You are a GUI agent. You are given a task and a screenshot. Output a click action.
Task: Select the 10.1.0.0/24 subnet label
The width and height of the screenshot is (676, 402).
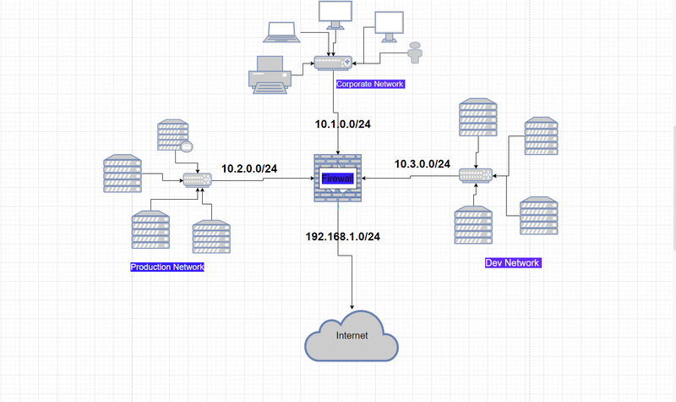tap(343, 124)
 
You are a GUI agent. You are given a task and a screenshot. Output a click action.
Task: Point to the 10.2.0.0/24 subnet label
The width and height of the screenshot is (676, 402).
tap(249, 168)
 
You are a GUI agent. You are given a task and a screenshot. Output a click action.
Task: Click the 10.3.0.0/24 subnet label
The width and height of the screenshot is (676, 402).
tap(422, 163)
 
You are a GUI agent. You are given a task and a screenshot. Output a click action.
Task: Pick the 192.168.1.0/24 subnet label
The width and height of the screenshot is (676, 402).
tap(342, 236)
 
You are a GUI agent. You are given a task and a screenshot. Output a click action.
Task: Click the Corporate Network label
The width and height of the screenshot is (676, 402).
tap(370, 85)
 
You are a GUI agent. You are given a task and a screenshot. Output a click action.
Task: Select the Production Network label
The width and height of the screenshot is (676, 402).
tap(167, 267)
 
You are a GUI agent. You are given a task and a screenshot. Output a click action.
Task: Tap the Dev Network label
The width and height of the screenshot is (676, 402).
tap(512, 263)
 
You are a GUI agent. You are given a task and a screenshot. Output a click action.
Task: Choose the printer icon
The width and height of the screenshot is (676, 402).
tap(270, 74)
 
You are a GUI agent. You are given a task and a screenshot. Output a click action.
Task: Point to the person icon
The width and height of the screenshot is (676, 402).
tap(414, 52)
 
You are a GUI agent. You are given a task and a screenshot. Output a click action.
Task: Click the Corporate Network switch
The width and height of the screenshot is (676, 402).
tap(332, 63)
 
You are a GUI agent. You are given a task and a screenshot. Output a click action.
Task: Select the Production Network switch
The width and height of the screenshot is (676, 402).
tap(197, 179)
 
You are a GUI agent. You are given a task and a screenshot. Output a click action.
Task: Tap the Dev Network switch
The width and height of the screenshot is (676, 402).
tap(475, 175)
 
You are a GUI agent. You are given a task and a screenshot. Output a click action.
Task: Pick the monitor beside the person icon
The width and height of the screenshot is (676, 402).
tap(389, 25)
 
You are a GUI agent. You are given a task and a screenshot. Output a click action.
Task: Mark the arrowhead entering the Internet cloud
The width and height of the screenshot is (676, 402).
tap(352, 306)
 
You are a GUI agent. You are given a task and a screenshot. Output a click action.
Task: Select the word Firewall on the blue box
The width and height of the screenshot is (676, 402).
tap(338, 179)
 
